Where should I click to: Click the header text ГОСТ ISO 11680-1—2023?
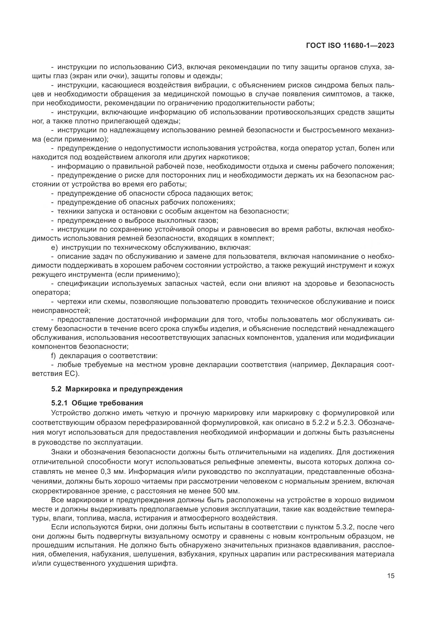[x=350, y=46]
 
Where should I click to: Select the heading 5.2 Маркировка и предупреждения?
[x=117, y=389]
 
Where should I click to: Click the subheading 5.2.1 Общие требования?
[x=97, y=403]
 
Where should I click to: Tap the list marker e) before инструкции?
[x=54, y=248]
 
